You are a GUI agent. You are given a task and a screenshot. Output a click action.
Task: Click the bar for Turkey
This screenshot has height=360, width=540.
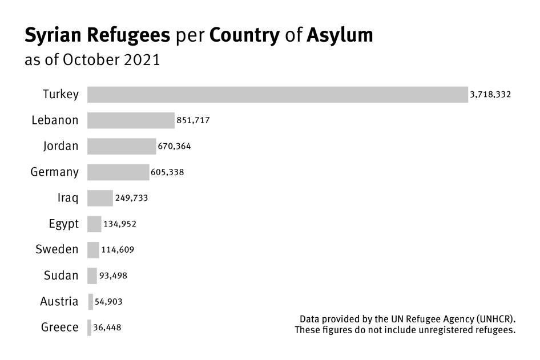[x=277, y=95]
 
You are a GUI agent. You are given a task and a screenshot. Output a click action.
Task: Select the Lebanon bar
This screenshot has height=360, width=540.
[x=131, y=120]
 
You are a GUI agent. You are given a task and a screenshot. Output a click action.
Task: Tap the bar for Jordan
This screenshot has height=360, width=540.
[x=122, y=146]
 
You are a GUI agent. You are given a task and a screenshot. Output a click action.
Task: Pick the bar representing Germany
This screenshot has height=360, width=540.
[x=118, y=172]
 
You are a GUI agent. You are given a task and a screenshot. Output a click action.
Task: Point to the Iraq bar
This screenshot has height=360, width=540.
[x=100, y=198]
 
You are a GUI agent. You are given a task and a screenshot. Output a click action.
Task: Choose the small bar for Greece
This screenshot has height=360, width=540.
[x=89, y=327]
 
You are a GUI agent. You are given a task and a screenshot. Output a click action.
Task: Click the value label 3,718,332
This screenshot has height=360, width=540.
[x=490, y=95]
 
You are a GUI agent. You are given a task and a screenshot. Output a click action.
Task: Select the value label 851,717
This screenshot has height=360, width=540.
[x=195, y=120]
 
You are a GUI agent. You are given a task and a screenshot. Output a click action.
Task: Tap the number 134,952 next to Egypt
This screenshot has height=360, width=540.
[x=120, y=224]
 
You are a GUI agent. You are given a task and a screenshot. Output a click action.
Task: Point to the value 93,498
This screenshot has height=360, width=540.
[x=113, y=276]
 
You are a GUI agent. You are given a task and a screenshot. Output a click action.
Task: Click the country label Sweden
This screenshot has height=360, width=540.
[x=57, y=249]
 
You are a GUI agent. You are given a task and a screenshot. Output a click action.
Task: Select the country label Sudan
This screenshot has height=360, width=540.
[x=61, y=276]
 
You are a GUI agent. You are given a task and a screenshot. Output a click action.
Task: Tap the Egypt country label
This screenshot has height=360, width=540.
[x=63, y=224]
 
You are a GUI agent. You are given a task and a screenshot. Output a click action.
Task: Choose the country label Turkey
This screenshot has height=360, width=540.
[x=61, y=95]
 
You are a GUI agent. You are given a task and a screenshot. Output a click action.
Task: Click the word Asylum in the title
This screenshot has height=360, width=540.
[x=340, y=35]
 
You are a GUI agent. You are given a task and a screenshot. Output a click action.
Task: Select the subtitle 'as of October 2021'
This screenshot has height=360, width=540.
[x=92, y=60]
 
